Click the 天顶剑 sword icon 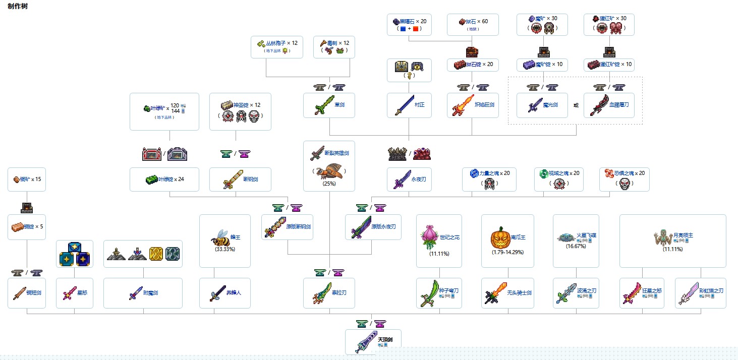click(364, 342)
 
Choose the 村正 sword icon click(405, 105)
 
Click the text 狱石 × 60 click(477, 22)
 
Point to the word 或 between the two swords click(576, 105)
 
